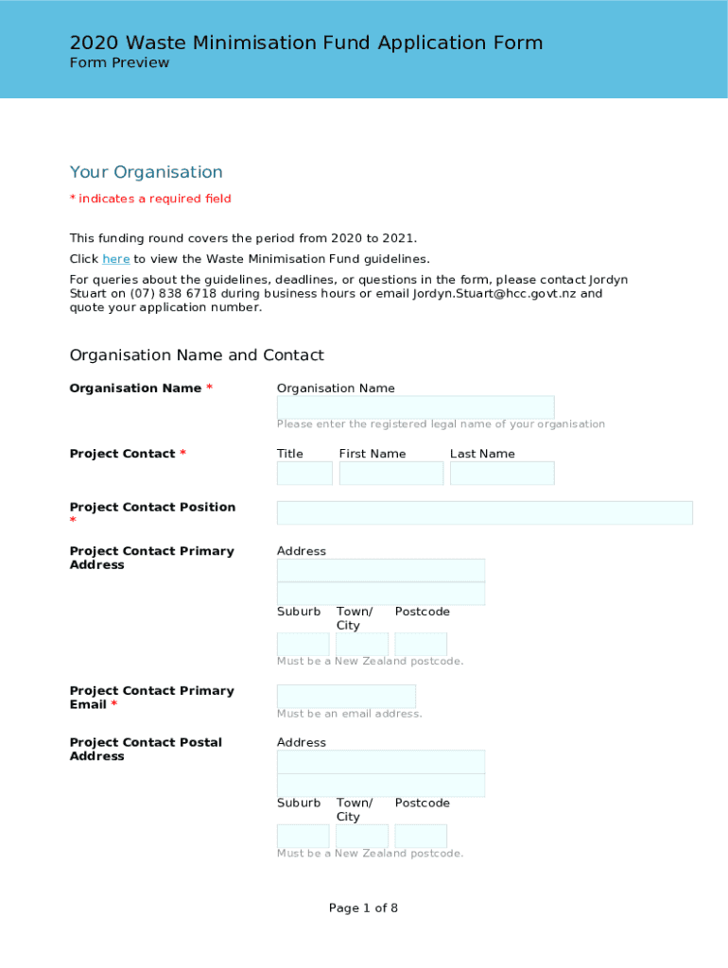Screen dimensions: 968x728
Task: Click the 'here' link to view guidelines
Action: click(115, 259)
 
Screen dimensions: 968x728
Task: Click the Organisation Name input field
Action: click(415, 407)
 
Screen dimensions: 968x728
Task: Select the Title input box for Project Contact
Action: click(304, 474)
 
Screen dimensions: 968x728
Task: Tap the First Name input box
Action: click(390, 474)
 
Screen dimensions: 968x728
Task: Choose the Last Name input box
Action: click(502, 474)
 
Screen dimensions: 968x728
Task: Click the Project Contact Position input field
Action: click(484, 512)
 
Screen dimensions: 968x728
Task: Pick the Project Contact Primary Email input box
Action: click(346, 697)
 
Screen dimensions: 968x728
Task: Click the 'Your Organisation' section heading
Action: click(147, 172)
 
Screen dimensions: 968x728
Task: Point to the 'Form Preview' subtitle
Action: click(119, 62)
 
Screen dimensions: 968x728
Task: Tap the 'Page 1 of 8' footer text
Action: click(363, 908)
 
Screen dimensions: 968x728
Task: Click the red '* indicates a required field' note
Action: click(150, 199)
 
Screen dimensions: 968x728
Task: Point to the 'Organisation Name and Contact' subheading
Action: click(197, 355)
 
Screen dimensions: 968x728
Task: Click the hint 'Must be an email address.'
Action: click(349, 714)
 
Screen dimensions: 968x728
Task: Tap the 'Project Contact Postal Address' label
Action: click(146, 750)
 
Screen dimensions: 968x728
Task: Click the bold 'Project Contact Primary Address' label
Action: click(151, 558)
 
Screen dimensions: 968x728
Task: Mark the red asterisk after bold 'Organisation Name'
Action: click(209, 389)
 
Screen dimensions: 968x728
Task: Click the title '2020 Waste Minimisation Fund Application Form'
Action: click(306, 43)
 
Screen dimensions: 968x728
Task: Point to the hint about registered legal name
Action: click(441, 424)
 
